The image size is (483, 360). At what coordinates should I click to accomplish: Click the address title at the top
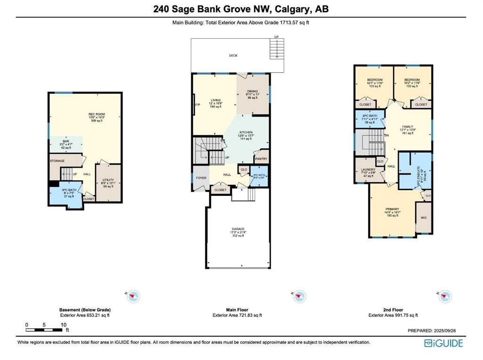[241, 8]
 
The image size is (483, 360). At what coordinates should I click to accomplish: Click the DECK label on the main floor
[233, 56]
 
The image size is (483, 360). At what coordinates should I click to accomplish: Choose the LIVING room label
[216, 100]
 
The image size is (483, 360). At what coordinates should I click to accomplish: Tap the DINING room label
[253, 92]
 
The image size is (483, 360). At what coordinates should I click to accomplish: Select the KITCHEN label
[245, 133]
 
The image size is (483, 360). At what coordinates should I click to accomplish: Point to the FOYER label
[200, 178]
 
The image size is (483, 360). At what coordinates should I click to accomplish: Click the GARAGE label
[238, 229]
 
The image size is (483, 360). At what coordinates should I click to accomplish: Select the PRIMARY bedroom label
[392, 209]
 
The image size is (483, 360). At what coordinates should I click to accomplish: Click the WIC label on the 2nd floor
[424, 218]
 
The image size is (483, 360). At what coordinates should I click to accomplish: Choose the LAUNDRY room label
[368, 169]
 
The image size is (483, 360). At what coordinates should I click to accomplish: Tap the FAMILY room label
[407, 127]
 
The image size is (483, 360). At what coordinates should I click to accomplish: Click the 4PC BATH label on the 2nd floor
[369, 116]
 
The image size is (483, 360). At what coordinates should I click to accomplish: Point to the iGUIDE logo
[443, 343]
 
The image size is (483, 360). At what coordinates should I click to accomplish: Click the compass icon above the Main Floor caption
[299, 296]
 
